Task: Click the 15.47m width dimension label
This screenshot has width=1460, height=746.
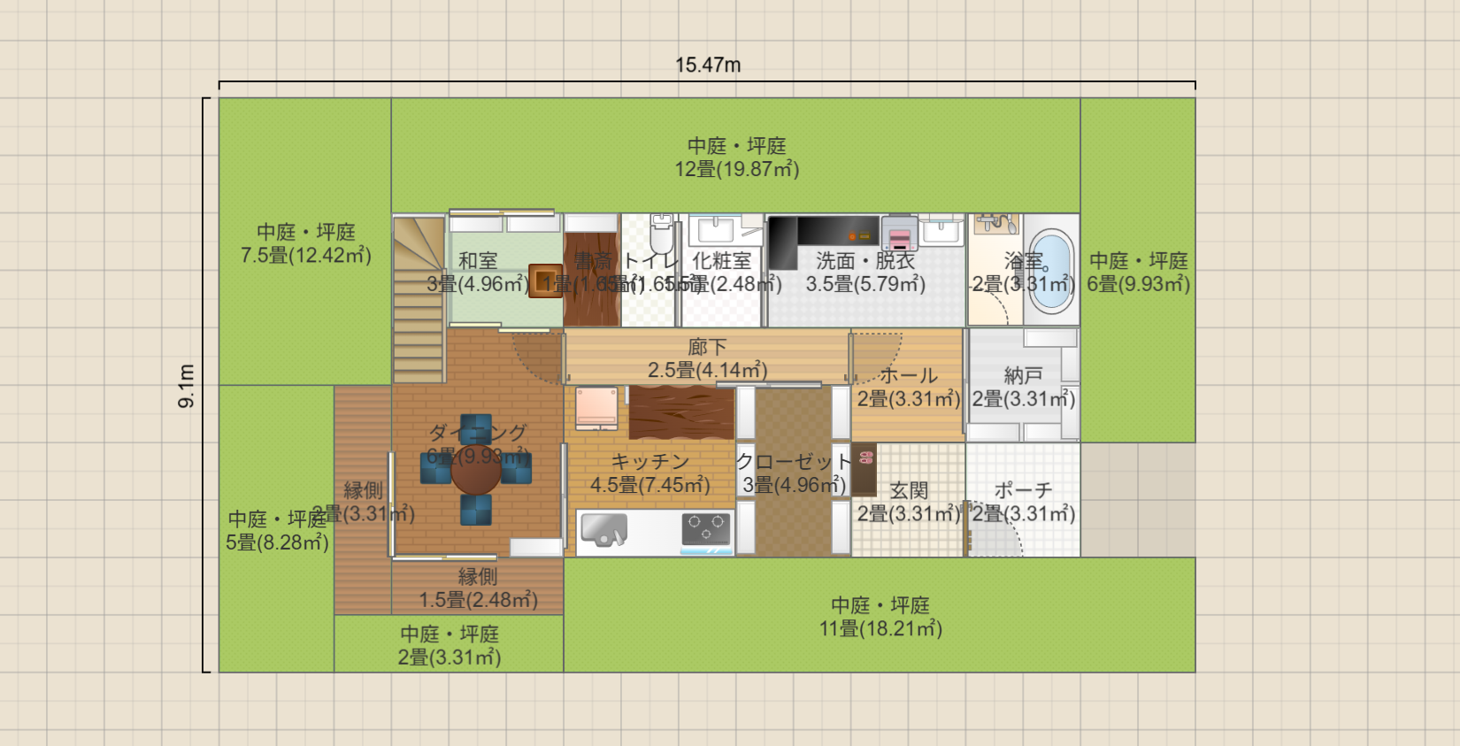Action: coord(708,65)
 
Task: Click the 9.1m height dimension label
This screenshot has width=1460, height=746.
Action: coord(187,385)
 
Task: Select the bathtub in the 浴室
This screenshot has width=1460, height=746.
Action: coord(1050,270)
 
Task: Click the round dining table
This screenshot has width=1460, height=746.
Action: coord(476,470)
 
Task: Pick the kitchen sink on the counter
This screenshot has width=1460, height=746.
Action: coord(604,530)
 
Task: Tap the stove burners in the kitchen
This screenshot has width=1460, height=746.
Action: coord(706,529)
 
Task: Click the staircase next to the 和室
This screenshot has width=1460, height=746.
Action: coord(419,301)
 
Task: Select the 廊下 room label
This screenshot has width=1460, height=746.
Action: coord(707,347)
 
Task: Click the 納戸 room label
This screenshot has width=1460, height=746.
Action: coord(1023,376)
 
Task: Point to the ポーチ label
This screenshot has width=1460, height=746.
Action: coord(1023,490)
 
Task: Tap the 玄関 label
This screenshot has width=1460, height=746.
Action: coord(909,490)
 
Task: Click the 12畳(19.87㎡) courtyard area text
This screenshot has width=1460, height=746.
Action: coord(737,169)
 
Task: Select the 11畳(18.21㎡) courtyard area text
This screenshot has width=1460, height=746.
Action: coord(880,628)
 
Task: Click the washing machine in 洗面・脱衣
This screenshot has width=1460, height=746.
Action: coord(899,234)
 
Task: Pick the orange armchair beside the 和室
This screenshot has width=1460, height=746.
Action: coord(545,281)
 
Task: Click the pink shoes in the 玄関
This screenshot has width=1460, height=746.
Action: coord(866,458)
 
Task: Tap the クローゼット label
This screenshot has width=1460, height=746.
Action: coord(793,461)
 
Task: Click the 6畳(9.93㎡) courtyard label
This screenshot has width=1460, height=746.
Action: coord(1138,284)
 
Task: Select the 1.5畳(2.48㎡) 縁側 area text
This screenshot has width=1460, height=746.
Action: coord(478,600)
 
